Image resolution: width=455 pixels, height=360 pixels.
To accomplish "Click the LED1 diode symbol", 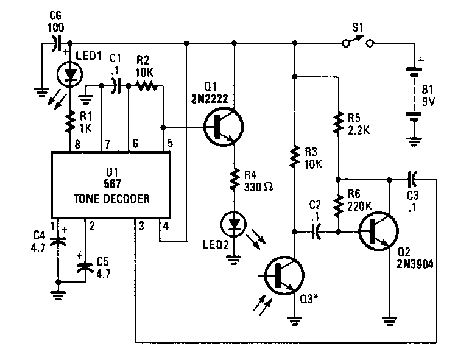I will pos(69,74).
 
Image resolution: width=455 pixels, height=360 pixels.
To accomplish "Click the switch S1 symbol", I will pos(357,43).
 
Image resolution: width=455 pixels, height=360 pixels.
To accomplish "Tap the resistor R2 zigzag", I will pos(146,87).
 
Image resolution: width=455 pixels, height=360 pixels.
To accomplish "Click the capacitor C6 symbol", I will pos(56,43).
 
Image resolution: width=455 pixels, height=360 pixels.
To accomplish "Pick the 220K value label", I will pos(360,205).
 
